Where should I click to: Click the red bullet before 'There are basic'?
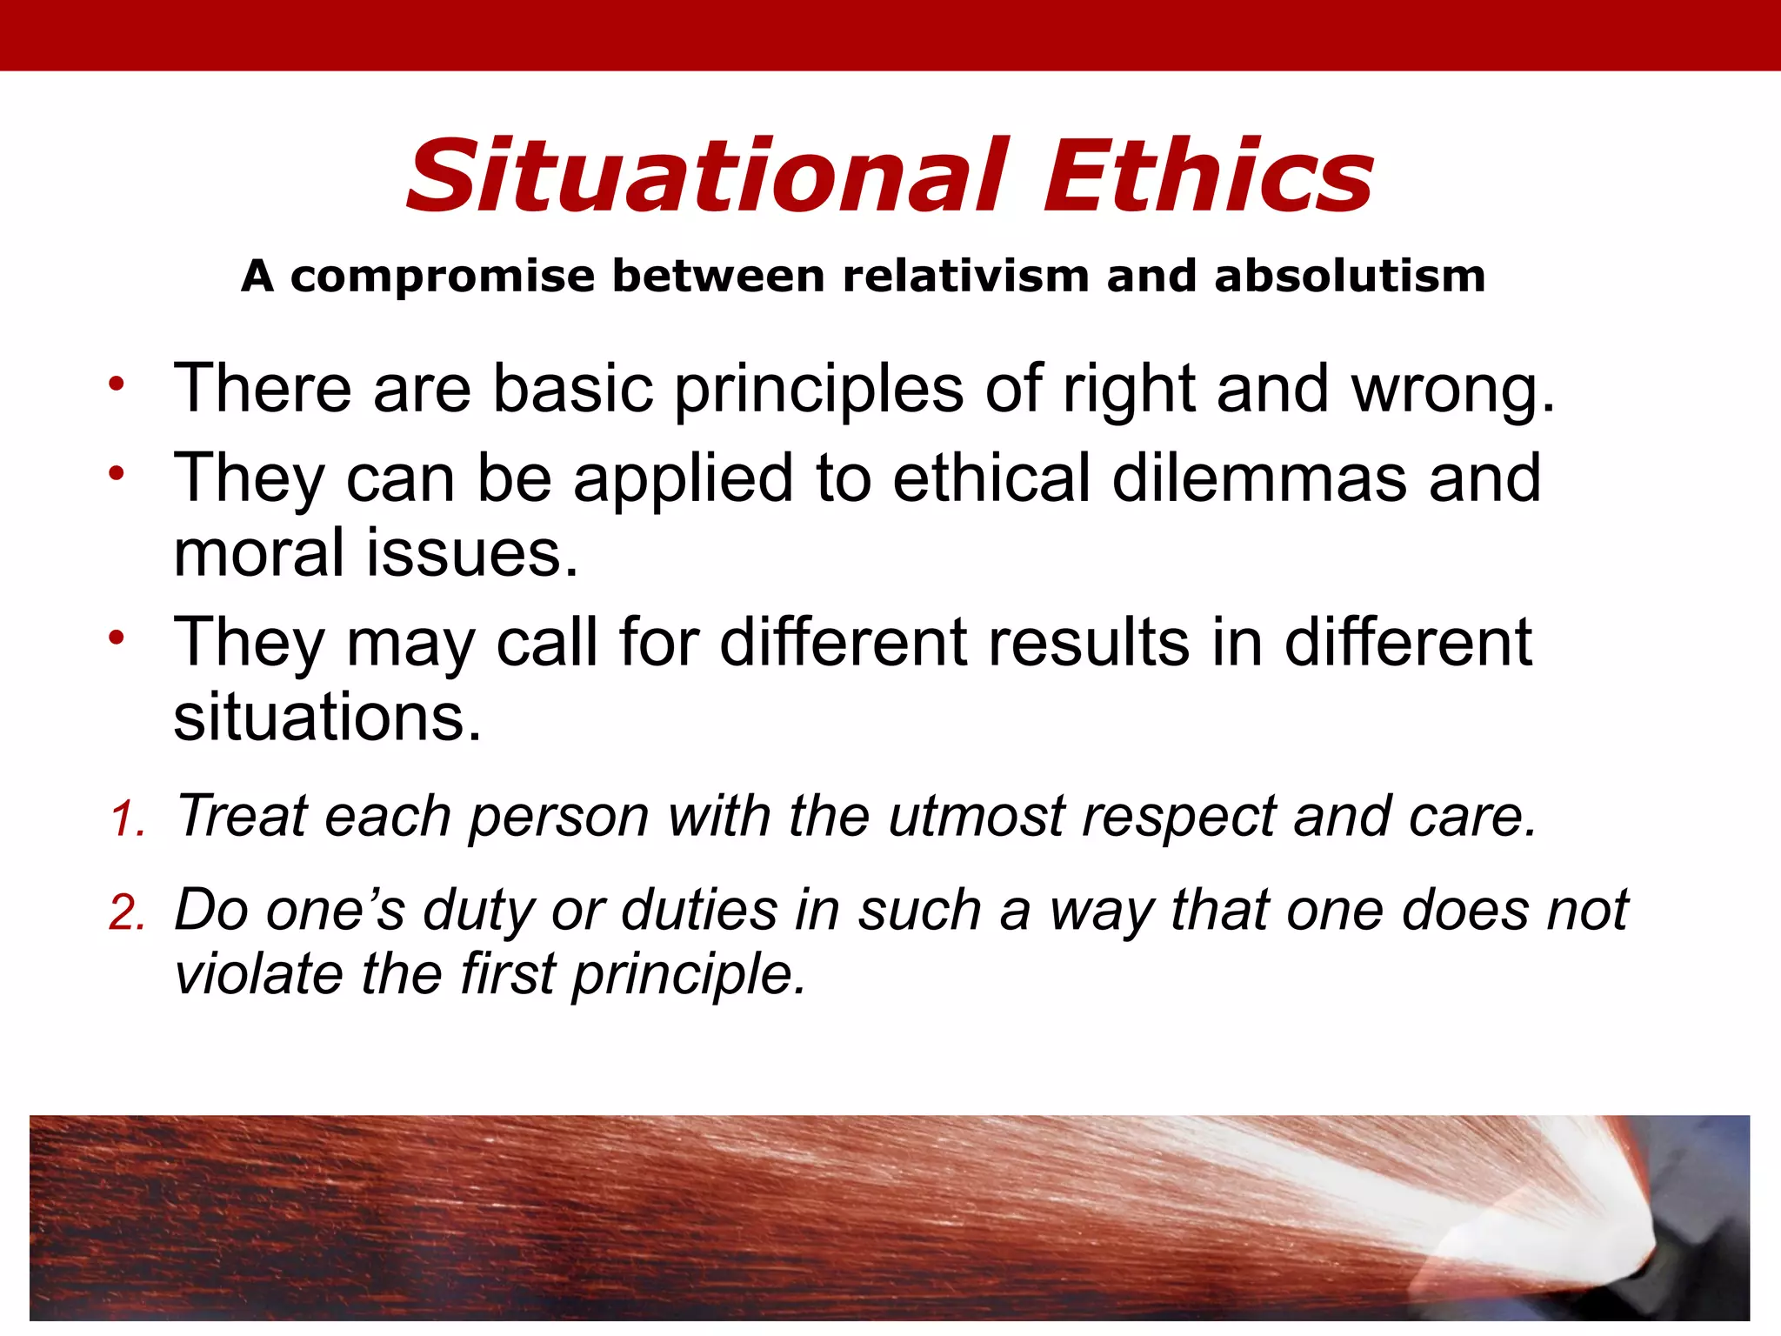click(x=117, y=384)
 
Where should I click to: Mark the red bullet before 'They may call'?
click(x=117, y=638)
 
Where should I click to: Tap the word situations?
click(x=326, y=718)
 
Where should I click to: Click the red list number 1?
click(x=127, y=820)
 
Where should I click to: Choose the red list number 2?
click(x=127, y=914)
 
